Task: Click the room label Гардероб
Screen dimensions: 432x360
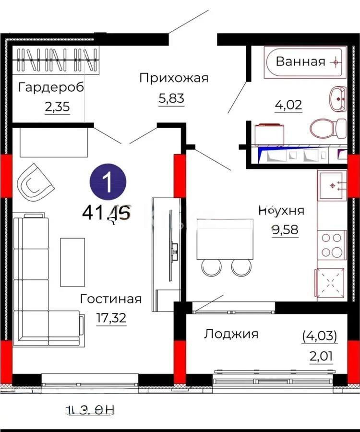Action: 51,87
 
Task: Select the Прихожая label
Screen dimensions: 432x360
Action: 174,78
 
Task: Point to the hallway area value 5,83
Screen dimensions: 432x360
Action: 171,99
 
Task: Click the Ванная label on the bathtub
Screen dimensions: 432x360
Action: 300,61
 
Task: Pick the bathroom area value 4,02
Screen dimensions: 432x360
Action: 289,105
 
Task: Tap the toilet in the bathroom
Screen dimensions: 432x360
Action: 328,128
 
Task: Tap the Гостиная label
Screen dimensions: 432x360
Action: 111,299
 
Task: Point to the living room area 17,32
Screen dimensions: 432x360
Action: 110,318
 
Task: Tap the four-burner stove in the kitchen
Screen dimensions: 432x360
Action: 331,245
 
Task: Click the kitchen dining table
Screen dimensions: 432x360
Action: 225,239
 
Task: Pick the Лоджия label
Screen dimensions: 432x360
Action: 231,334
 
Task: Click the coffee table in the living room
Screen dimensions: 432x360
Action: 72,262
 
